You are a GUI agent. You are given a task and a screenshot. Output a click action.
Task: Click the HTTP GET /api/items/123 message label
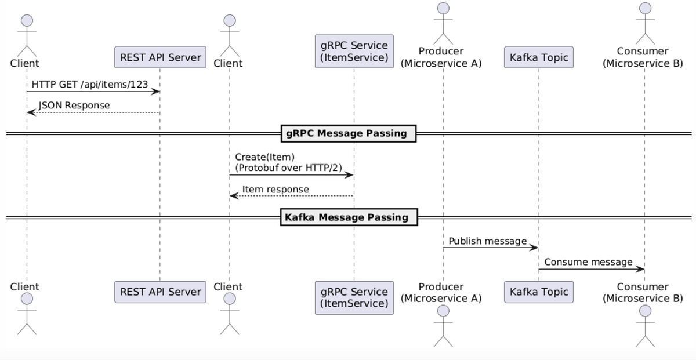coord(90,83)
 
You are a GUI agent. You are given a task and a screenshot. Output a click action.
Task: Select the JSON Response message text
coord(74,105)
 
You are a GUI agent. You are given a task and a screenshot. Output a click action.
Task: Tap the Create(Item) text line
coord(264,157)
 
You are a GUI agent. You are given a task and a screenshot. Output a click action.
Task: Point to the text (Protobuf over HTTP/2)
coord(288,168)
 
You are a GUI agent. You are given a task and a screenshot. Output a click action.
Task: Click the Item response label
coord(275,189)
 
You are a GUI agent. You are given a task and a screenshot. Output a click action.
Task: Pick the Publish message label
coord(487,241)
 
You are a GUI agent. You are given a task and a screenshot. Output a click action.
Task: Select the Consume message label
coord(588,262)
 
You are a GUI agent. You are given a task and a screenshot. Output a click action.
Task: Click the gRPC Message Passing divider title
coord(348,133)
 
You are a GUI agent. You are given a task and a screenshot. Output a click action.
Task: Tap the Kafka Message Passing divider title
coord(348,218)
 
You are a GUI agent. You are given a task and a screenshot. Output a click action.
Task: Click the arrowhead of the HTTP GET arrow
coord(156,92)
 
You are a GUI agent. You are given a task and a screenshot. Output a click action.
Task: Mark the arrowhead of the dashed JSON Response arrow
coord(30,112)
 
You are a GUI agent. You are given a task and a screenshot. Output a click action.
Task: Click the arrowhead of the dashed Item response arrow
coord(233,196)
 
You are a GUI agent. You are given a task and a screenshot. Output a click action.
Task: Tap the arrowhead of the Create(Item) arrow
coord(350,175)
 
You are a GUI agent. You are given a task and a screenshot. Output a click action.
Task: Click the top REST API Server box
coord(160,57)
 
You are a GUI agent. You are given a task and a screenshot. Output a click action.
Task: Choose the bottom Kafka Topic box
coord(539,292)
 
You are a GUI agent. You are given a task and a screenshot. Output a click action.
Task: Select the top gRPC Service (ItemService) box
coord(354,51)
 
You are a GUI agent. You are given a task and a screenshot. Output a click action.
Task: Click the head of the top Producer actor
coord(443,8)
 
